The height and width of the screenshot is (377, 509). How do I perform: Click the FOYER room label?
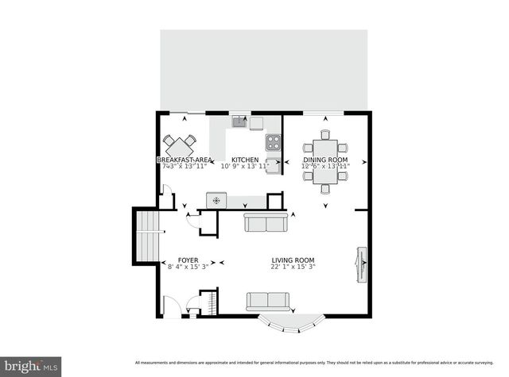click(188, 260)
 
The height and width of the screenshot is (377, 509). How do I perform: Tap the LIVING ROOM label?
click(293, 260)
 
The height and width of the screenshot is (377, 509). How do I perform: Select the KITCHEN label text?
click(245, 160)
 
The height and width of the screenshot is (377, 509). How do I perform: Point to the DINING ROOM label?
click(325, 160)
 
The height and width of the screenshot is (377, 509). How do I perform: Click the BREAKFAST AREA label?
click(184, 160)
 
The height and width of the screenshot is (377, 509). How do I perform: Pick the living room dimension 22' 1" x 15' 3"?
click(293, 267)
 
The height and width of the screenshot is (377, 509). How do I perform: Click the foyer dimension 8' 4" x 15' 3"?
click(188, 267)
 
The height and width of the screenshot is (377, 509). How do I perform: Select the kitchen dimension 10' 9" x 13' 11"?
click(245, 167)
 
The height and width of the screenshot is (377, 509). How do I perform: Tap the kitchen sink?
click(239, 122)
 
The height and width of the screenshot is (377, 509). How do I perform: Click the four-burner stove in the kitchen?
click(273, 142)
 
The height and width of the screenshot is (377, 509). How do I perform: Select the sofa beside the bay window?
click(267, 301)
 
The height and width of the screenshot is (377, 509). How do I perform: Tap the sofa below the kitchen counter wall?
click(265, 223)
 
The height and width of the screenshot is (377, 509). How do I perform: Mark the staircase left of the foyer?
click(147, 236)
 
